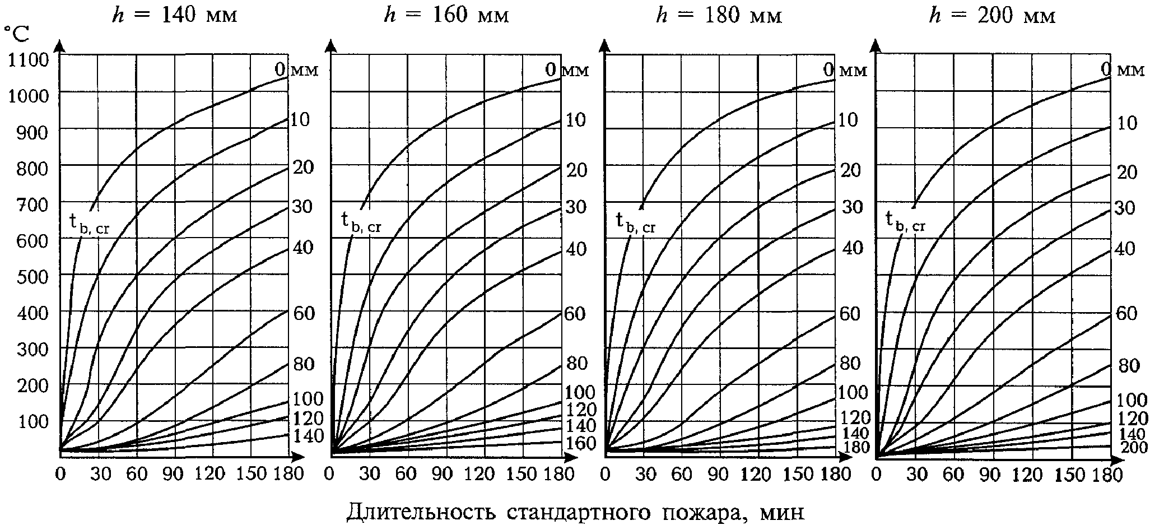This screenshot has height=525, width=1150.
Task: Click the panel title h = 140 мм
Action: tap(175, 15)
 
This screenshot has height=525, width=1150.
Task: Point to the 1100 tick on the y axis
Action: tap(29, 59)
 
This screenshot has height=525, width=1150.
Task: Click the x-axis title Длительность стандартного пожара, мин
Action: tap(575, 512)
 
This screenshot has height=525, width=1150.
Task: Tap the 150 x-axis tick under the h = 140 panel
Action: tap(252, 474)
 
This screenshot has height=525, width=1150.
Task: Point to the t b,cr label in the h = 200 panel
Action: tap(905, 221)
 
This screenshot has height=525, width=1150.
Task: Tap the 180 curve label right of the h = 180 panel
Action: tap(855, 447)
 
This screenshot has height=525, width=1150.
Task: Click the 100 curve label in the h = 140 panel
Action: tap(308, 399)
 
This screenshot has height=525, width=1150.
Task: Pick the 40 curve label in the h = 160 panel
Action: tap(576, 248)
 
